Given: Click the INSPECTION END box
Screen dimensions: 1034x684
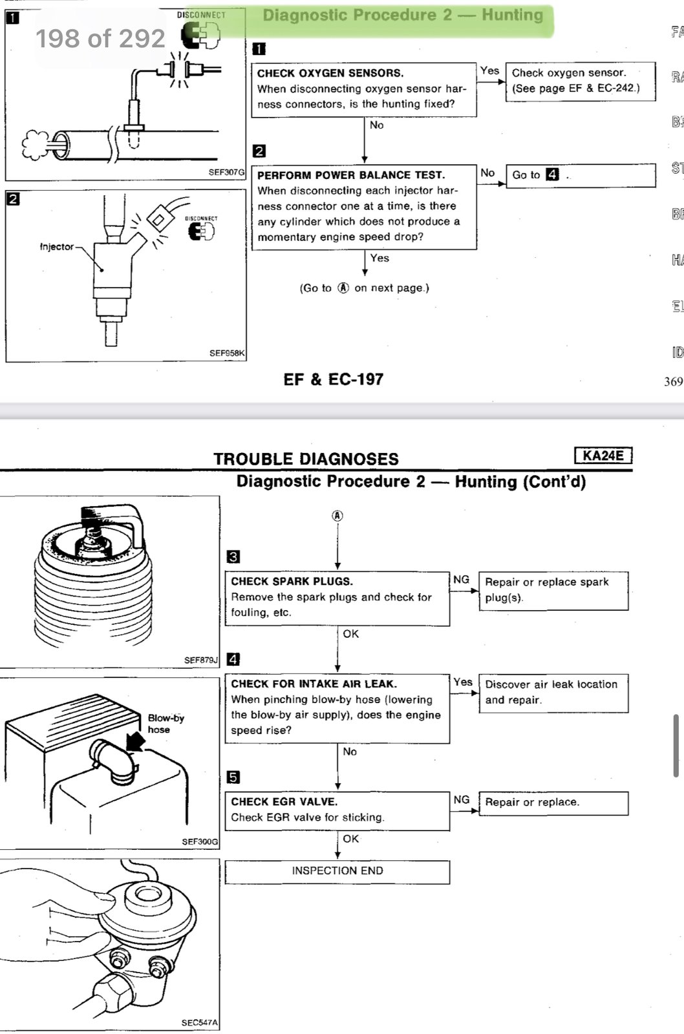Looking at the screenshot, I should [337, 871].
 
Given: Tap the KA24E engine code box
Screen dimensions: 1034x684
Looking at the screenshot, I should [603, 456].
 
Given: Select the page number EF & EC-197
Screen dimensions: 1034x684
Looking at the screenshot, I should [333, 379].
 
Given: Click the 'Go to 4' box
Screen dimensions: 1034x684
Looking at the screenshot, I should [580, 175].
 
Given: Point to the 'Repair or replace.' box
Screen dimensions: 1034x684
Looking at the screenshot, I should [553, 803].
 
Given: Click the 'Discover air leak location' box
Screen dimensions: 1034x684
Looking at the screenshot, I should [553, 693].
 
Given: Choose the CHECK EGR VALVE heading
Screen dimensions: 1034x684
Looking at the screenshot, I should [284, 801].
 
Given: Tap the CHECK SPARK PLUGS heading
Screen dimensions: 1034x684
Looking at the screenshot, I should [292, 582].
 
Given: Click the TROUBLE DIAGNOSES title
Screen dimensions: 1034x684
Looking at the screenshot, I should [306, 459].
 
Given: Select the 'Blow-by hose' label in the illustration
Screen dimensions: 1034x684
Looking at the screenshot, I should [166, 724].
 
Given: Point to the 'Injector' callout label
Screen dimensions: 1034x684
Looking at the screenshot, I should [56, 247].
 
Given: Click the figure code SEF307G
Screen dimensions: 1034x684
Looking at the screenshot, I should [226, 173].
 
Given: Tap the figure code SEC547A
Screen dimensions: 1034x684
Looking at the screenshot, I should [200, 1023].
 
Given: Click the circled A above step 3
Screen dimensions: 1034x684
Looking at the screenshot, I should [337, 516].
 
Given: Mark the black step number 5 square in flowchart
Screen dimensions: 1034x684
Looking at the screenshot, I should [233, 777].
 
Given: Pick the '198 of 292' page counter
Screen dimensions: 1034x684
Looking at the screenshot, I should [100, 39].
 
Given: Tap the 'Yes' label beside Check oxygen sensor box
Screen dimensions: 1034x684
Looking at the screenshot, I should [489, 70].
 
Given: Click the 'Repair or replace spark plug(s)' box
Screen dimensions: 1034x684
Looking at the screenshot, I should [553, 590].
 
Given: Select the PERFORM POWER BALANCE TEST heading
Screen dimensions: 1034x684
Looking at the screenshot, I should [350, 175].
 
